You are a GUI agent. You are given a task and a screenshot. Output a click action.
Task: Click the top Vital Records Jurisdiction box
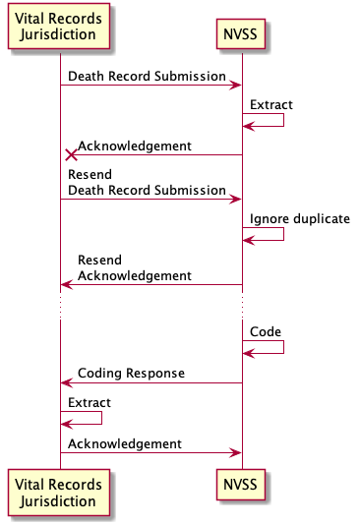pyautogui.click(x=60, y=28)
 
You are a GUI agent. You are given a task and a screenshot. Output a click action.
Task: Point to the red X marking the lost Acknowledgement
pyautogui.click(x=71, y=154)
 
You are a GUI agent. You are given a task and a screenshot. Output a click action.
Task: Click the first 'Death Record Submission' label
pyautogui.click(x=148, y=76)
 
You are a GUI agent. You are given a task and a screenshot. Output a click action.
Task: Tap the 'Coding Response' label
pyautogui.click(x=131, y=374)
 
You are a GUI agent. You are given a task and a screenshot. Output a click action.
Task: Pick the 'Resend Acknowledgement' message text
pyautogui.click(x=134, y=268)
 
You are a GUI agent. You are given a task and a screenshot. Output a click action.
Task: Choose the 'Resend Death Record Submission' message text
pyautogui.click(x=147, y=182)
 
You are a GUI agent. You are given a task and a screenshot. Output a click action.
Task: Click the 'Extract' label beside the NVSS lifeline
pyautogui.click(x=270, y=104)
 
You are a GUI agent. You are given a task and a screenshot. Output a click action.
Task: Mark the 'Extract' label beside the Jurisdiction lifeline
pyautogui.click(x=89, y=402)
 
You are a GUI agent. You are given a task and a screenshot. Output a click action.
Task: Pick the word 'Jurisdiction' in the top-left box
pyautogui.click(x=60, y=35)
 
